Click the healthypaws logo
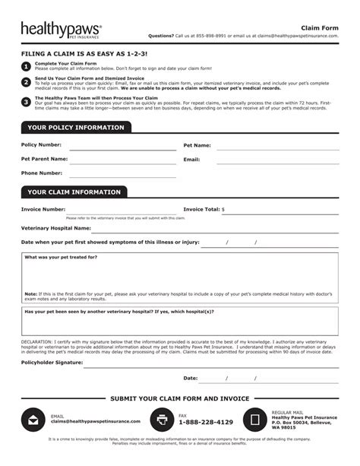61,30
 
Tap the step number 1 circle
27,66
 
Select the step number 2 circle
27,82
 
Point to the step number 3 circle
27,101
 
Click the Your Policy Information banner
76,128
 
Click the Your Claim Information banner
74,192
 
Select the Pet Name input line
277,146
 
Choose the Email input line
277,161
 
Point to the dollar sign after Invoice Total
223,209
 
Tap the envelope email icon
33,420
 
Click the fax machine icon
162,420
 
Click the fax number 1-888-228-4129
206,422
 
